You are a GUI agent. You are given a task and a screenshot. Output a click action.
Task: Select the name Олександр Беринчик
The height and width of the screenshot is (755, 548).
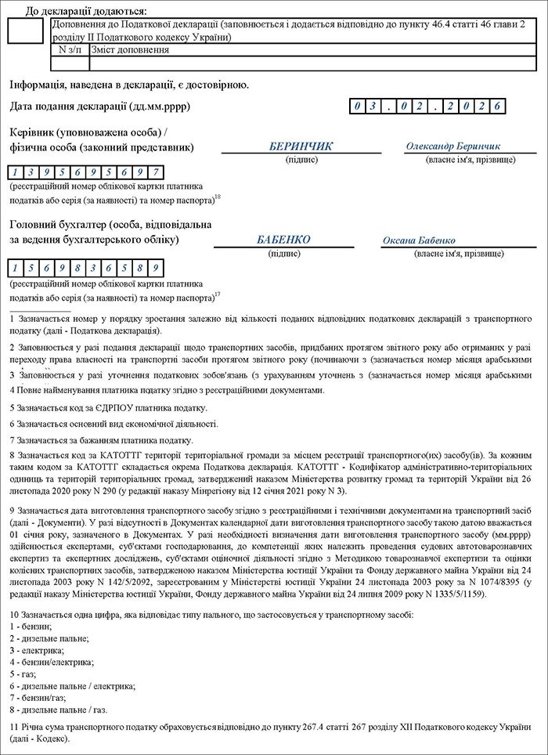453,146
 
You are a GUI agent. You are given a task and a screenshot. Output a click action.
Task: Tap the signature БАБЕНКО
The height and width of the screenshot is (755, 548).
283,240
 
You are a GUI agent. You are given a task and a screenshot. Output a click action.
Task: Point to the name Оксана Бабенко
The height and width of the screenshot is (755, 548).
419,240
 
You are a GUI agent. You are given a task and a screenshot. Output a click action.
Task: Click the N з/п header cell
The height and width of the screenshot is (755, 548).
69,49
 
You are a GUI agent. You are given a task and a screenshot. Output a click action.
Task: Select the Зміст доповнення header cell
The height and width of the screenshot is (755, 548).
130,49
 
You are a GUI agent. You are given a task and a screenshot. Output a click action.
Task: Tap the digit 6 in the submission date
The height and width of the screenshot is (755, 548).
496,106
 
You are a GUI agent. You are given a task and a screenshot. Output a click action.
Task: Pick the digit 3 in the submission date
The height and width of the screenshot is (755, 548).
376,106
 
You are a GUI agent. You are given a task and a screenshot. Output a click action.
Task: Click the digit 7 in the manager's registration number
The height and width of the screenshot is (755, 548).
157,172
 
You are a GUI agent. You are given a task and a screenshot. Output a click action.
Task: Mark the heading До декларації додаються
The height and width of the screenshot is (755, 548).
86,11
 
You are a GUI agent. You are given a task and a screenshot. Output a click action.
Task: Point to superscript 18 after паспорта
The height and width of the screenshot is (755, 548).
218,197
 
